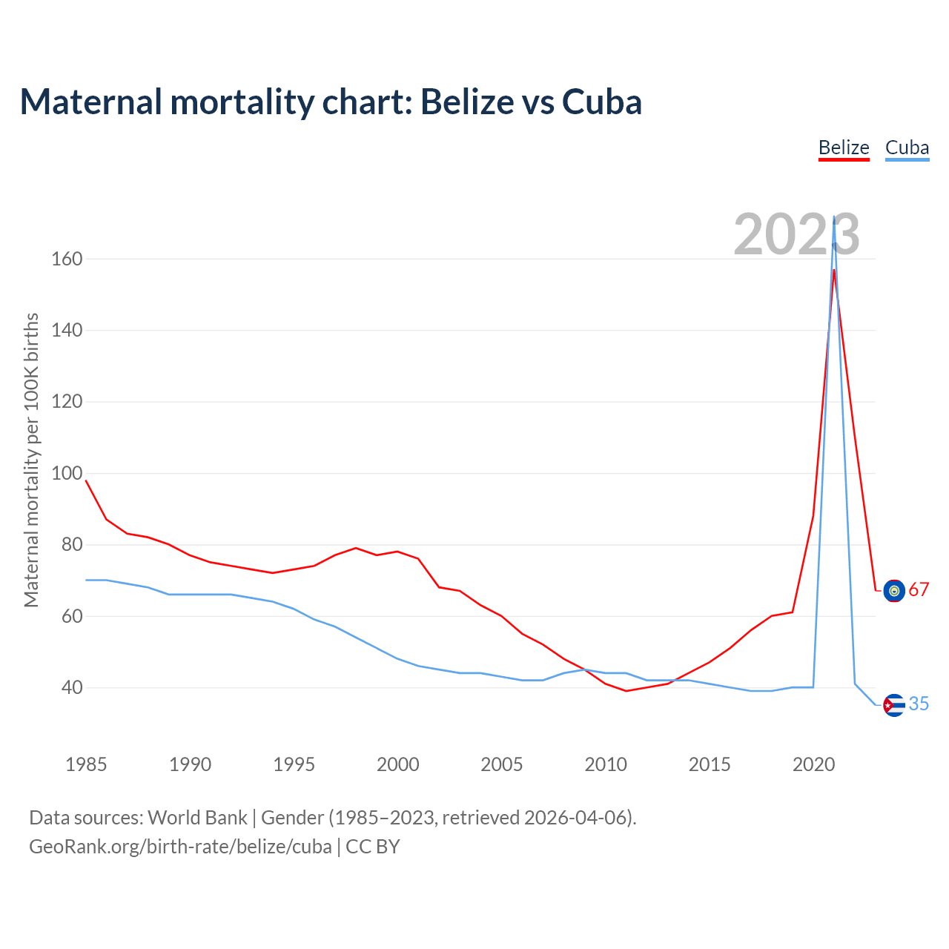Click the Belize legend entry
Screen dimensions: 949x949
pyautogui.click(x=844, y=148)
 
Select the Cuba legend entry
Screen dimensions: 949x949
pyautogui.click(x=907, y=148)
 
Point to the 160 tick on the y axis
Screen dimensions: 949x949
pyautogui.click(x=67, y=259)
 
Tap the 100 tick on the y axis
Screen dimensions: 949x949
pyautogui.click(x=67, y=473)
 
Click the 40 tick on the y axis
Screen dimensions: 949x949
pyautogui.click(x=71, y=687)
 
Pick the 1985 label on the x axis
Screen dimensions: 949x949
pyautogui.click(x=86, y=764)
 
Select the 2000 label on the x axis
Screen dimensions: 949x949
pyautogui.click(x=398, y=764)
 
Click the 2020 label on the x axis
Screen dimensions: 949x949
pyautogui.click(x=813, y=764)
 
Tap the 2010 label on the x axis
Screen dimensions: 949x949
pyautogui.click(x=606, y=764)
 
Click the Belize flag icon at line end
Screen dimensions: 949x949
pyautogui.click(x=894, y=590)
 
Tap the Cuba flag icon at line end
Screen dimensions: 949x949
pyautogui.click(x=894, y=704)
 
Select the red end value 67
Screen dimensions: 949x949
pyautogui.click(x=919, y=590)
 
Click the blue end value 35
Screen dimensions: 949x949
pyautogui.click(x=919, y=704)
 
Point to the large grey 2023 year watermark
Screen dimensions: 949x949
pyautogui.click(x=797, y=234)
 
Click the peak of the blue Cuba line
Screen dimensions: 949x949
pyautogui.click(x=834, y=217)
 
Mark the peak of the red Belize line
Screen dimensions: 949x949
pyautogui.click(x=834, y=270)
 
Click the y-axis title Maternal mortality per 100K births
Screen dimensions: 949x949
pyautogui.click(x=31, y=460)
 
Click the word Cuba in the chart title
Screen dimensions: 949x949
pyautogui.click(x=602, y=102)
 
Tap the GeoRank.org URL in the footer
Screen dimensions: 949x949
pyautogui.click(x=180, y=847)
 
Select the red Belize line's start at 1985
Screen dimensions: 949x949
pyautogui.click(x=86, y=480)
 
